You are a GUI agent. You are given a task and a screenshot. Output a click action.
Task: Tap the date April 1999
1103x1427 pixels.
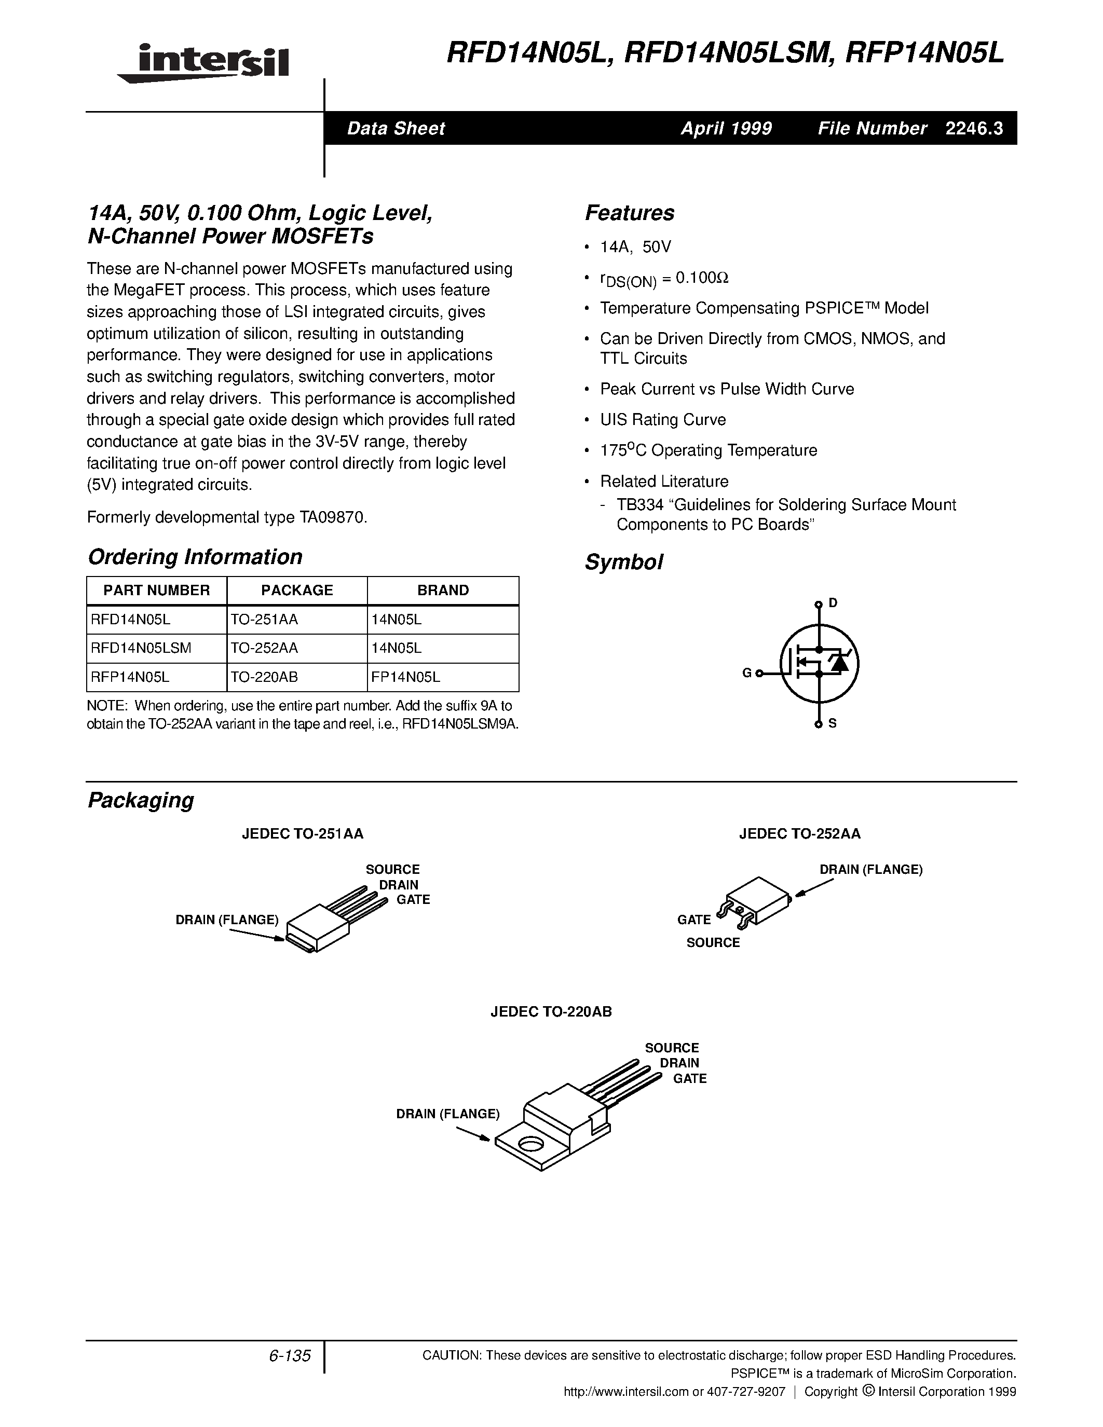726,129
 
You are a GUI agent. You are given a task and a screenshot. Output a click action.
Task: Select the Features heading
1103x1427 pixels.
629,213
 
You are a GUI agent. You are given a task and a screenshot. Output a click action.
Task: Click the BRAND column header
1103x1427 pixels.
443,590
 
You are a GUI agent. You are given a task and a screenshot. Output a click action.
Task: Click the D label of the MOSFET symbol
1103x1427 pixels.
833,602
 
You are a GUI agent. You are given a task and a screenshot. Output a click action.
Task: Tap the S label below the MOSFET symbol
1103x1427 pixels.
833,723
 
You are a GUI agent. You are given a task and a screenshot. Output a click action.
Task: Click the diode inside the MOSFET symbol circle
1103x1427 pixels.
838,663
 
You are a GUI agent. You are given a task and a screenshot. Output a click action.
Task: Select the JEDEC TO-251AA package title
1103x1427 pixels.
303,834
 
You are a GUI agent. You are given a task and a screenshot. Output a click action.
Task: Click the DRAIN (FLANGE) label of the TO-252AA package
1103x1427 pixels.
870,870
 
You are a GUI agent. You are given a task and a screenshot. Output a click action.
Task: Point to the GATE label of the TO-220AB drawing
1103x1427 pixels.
689,1079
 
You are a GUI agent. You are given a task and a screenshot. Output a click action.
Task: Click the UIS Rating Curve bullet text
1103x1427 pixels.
663,419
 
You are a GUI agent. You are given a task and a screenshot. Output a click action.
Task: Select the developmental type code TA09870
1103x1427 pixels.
333,517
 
